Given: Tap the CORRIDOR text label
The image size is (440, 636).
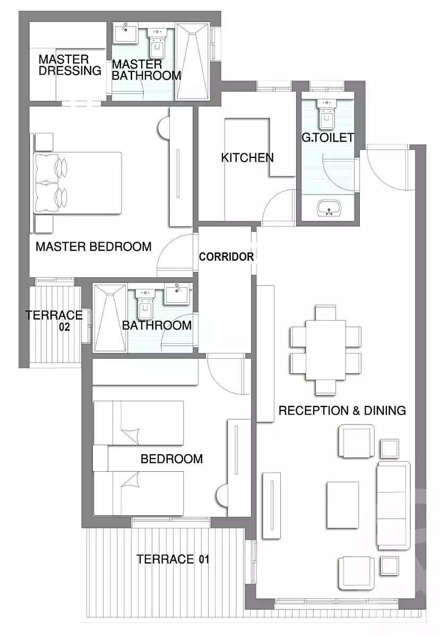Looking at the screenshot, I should [226, 257].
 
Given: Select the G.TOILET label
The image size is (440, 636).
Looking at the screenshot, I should [327, 138].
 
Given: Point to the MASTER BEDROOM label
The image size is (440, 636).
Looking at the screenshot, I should [93, 246].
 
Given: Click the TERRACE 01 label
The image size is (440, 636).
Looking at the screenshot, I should [173, 559].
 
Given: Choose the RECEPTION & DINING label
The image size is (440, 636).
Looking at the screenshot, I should [342, 410].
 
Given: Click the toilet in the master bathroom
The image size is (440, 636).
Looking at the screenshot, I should [157, 45].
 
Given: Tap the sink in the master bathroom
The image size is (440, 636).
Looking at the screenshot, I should [126, 35].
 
